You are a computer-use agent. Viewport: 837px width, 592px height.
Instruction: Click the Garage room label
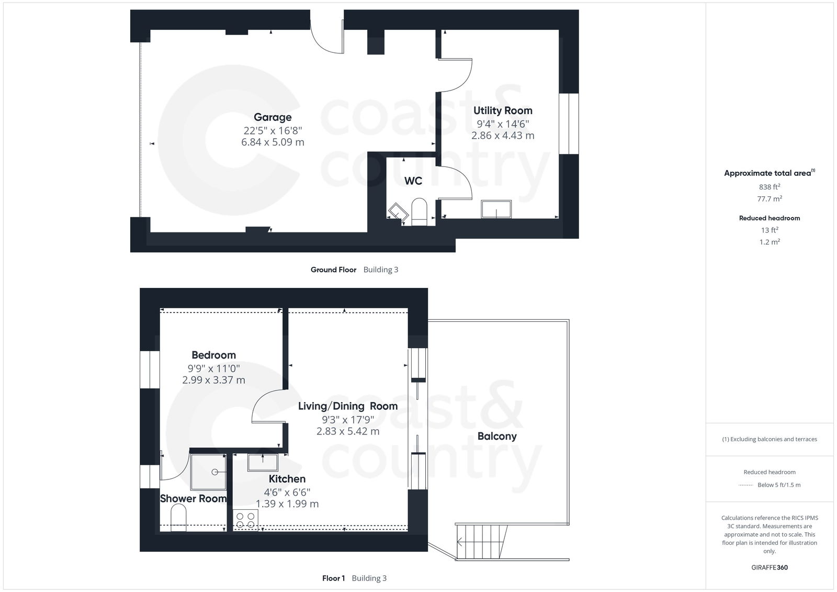click(x=273, y=117)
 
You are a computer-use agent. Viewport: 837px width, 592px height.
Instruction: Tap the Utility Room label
click(x=503, y=110)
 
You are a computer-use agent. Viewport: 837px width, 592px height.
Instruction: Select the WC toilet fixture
click(x=420, y=212)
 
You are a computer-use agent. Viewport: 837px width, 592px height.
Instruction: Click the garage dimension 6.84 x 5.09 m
click(x=273, y=142)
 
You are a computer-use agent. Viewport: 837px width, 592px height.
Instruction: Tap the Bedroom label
click(x=213, y=355)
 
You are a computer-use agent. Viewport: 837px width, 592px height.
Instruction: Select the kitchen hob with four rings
click(x=245, y=520)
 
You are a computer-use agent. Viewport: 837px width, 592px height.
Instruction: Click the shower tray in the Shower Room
click(x=208, y=472)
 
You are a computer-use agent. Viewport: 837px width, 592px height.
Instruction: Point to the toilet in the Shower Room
click(x=178, y=517)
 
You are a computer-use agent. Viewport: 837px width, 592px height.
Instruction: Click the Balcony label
click(x=496, y=436)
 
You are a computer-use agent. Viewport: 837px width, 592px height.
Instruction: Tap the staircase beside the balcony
click(x=481, y=542)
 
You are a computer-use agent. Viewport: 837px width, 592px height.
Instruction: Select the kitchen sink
click(x=263, y=463)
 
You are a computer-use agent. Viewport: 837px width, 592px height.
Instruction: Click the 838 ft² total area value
click(x=769, y=186)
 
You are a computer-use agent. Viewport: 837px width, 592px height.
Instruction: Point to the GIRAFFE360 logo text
click(x=769, y=567)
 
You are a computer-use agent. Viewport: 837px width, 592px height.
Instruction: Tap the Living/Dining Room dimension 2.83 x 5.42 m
click(x=348, y=431)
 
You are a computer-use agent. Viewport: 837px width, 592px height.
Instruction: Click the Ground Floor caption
click(x=333, y=270)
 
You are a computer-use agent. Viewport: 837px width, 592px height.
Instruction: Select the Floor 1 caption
click(x=333, y=578)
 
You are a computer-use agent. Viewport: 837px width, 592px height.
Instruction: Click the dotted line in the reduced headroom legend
click(x=745, y=485)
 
